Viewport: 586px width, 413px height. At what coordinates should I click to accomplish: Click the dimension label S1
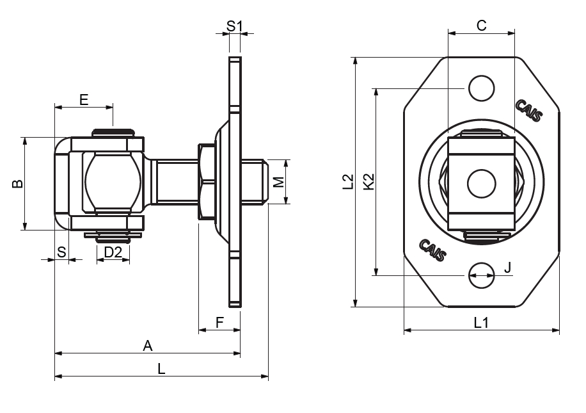coord(235,26)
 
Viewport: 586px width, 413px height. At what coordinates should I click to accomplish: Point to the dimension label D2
coord(113,252)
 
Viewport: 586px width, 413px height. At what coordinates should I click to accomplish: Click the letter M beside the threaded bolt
coord(278,182)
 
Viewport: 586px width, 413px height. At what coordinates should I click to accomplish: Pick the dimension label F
coord(219,322)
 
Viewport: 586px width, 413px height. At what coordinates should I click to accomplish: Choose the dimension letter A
coord(148,346)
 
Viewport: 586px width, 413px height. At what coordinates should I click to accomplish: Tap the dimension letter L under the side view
coord(161,369)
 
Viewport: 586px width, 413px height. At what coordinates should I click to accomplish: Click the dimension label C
coord(482,25)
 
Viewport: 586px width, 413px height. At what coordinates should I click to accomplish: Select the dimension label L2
coord(348,182)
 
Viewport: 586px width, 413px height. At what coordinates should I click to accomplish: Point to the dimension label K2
coord(368,182)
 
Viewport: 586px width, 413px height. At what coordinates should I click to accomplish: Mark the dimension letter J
coord(507,268)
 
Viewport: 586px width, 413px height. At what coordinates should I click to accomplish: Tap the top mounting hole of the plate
coord(481,88)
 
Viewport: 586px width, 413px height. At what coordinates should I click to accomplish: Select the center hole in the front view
coord(481,183)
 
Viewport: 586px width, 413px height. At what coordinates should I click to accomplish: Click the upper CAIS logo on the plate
coord(530,110)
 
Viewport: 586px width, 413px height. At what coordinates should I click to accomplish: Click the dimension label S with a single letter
coord(61,252)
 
